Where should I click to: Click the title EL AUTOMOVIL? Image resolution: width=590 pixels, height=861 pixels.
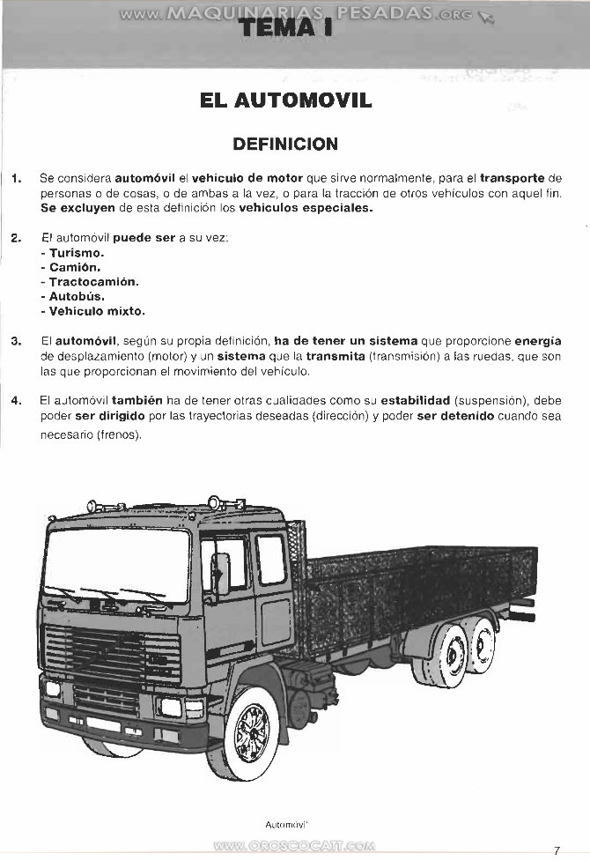[x=286, y=100]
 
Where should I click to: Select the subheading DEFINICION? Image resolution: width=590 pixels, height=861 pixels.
[x=284, y=144]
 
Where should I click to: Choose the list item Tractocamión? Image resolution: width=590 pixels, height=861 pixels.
[x=93, y=282]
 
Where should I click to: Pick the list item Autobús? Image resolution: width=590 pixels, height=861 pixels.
[x=77, y=297]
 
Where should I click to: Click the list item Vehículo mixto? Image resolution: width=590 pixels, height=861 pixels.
[x=97, y=311]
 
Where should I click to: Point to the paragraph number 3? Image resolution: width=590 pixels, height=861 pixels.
[x=16, y=340]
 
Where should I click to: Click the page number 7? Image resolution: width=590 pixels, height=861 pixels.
[x=557, y=850]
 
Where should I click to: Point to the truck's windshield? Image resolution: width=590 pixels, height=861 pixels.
[x=116, y=564]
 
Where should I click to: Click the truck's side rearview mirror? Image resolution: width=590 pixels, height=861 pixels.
[x=220, y=573]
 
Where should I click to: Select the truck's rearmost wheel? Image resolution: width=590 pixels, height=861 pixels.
[x=481, y=644]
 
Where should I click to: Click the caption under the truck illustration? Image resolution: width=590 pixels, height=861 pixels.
[x=284, y=824]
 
